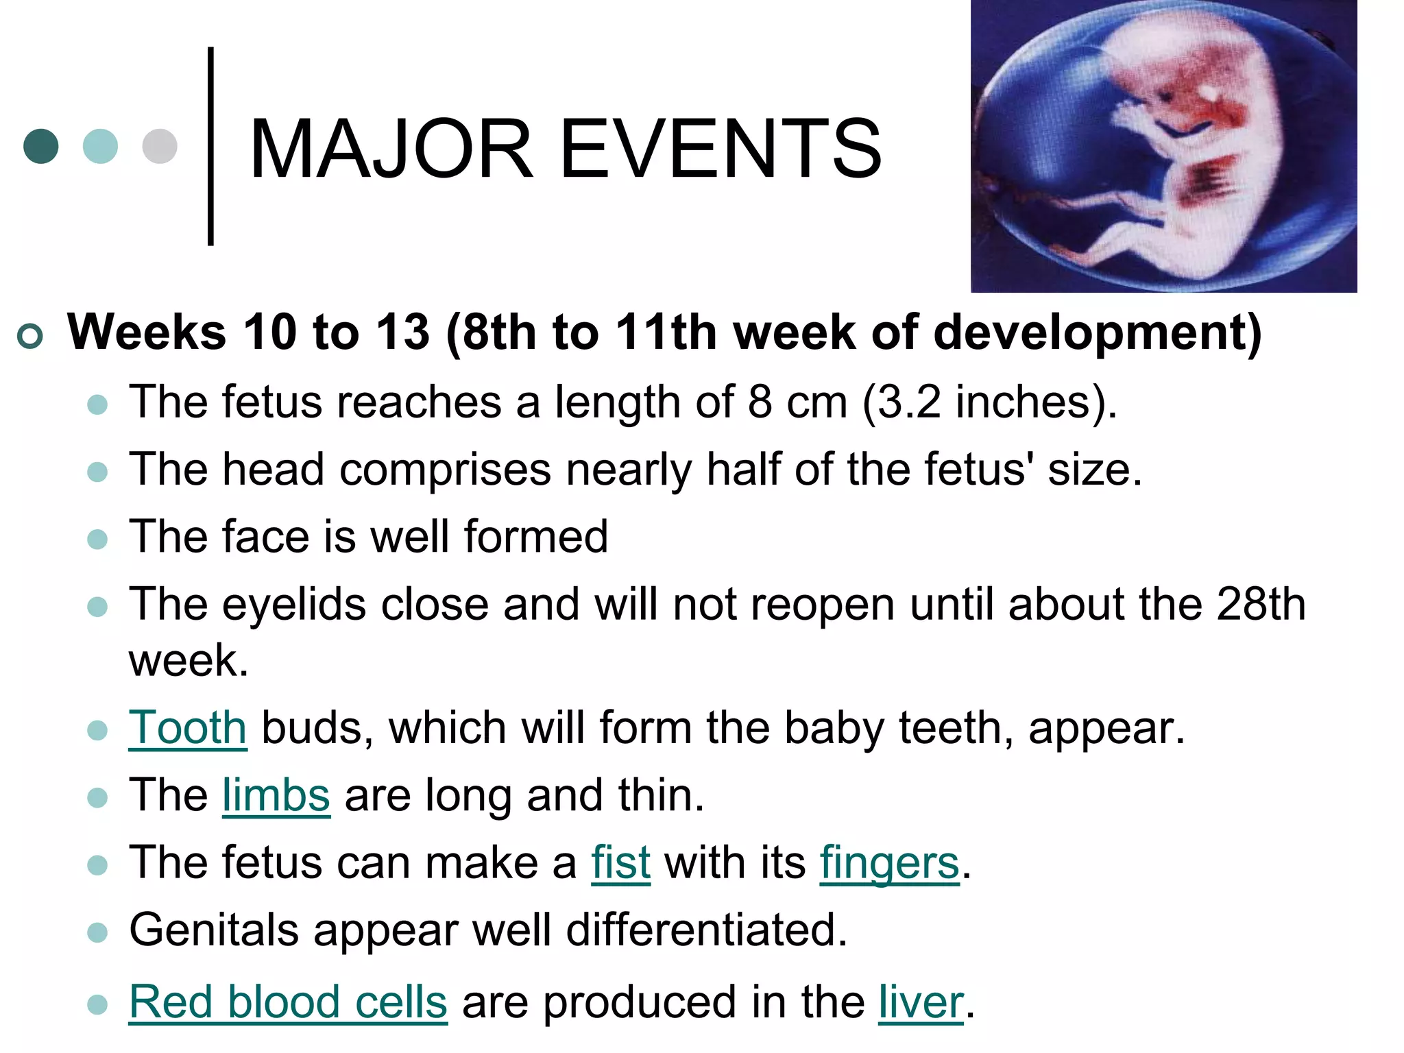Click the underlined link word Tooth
click(x=187, y=727)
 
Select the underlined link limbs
click(x=276, y=795)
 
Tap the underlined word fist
click(x=620, y=862)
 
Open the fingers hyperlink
click(x=889, y=862)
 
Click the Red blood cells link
click(x=288, y=1002)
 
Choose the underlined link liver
click(x=921, y=1002)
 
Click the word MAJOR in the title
click(x=391, y=149)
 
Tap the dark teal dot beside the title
click(x=41, y=146)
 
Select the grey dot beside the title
click(x=160, y=146)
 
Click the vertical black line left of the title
click(x=210, y=146)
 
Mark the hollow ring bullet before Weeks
click(x=30, y=336)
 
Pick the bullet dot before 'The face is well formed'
click(x=98, y=539)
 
